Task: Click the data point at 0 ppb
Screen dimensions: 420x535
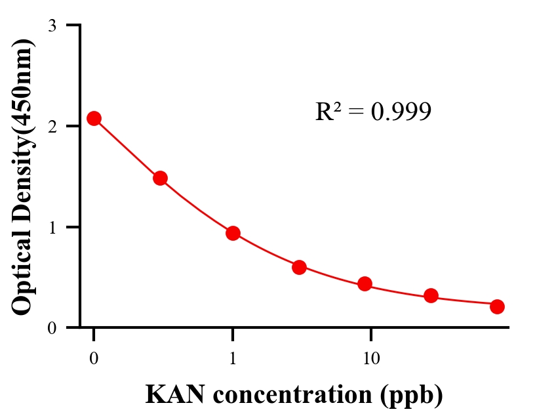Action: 94,119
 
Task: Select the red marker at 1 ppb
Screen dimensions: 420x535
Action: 233,233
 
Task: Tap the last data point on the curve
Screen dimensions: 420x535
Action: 497,306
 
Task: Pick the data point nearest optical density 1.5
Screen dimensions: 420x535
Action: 160,178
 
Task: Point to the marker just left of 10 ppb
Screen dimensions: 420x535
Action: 365,284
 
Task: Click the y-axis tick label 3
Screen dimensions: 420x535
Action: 52,26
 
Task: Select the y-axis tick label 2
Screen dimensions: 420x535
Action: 52,126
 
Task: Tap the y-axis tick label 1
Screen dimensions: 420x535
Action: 52,227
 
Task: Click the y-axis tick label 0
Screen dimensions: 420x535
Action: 52,328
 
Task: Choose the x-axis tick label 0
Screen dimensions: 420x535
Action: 94,358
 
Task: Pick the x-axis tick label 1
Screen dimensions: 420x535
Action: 233,358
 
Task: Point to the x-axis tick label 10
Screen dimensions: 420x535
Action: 371,358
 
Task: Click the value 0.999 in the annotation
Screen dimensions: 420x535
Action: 401,112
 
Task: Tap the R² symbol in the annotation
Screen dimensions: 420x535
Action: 328,112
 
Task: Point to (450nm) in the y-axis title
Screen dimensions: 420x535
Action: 23,82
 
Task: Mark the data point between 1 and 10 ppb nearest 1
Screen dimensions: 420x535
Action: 299,267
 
